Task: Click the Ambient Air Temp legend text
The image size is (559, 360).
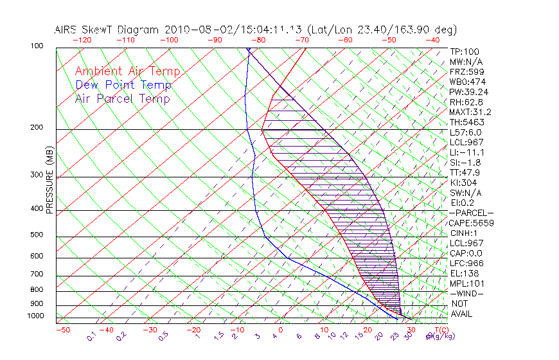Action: pos(127,72)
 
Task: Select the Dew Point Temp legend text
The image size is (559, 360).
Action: pos(123,85)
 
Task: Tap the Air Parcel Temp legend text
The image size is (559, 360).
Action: pos(122,99)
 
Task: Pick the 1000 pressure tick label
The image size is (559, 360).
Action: pos(36,316)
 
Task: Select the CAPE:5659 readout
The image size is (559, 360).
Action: pos(471,223)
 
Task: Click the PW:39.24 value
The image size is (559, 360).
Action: pos(468,92)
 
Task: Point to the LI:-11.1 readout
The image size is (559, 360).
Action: pos(466,152)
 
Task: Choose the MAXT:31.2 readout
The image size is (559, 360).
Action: pos(470,112)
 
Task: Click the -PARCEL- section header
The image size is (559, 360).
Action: pos(471,213)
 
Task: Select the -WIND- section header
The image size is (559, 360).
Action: pos(466,293)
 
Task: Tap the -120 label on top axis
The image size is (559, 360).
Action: pos(81,40)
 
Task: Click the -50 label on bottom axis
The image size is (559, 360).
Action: pos(62,330)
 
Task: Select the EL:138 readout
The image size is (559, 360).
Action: pos(464,273)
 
